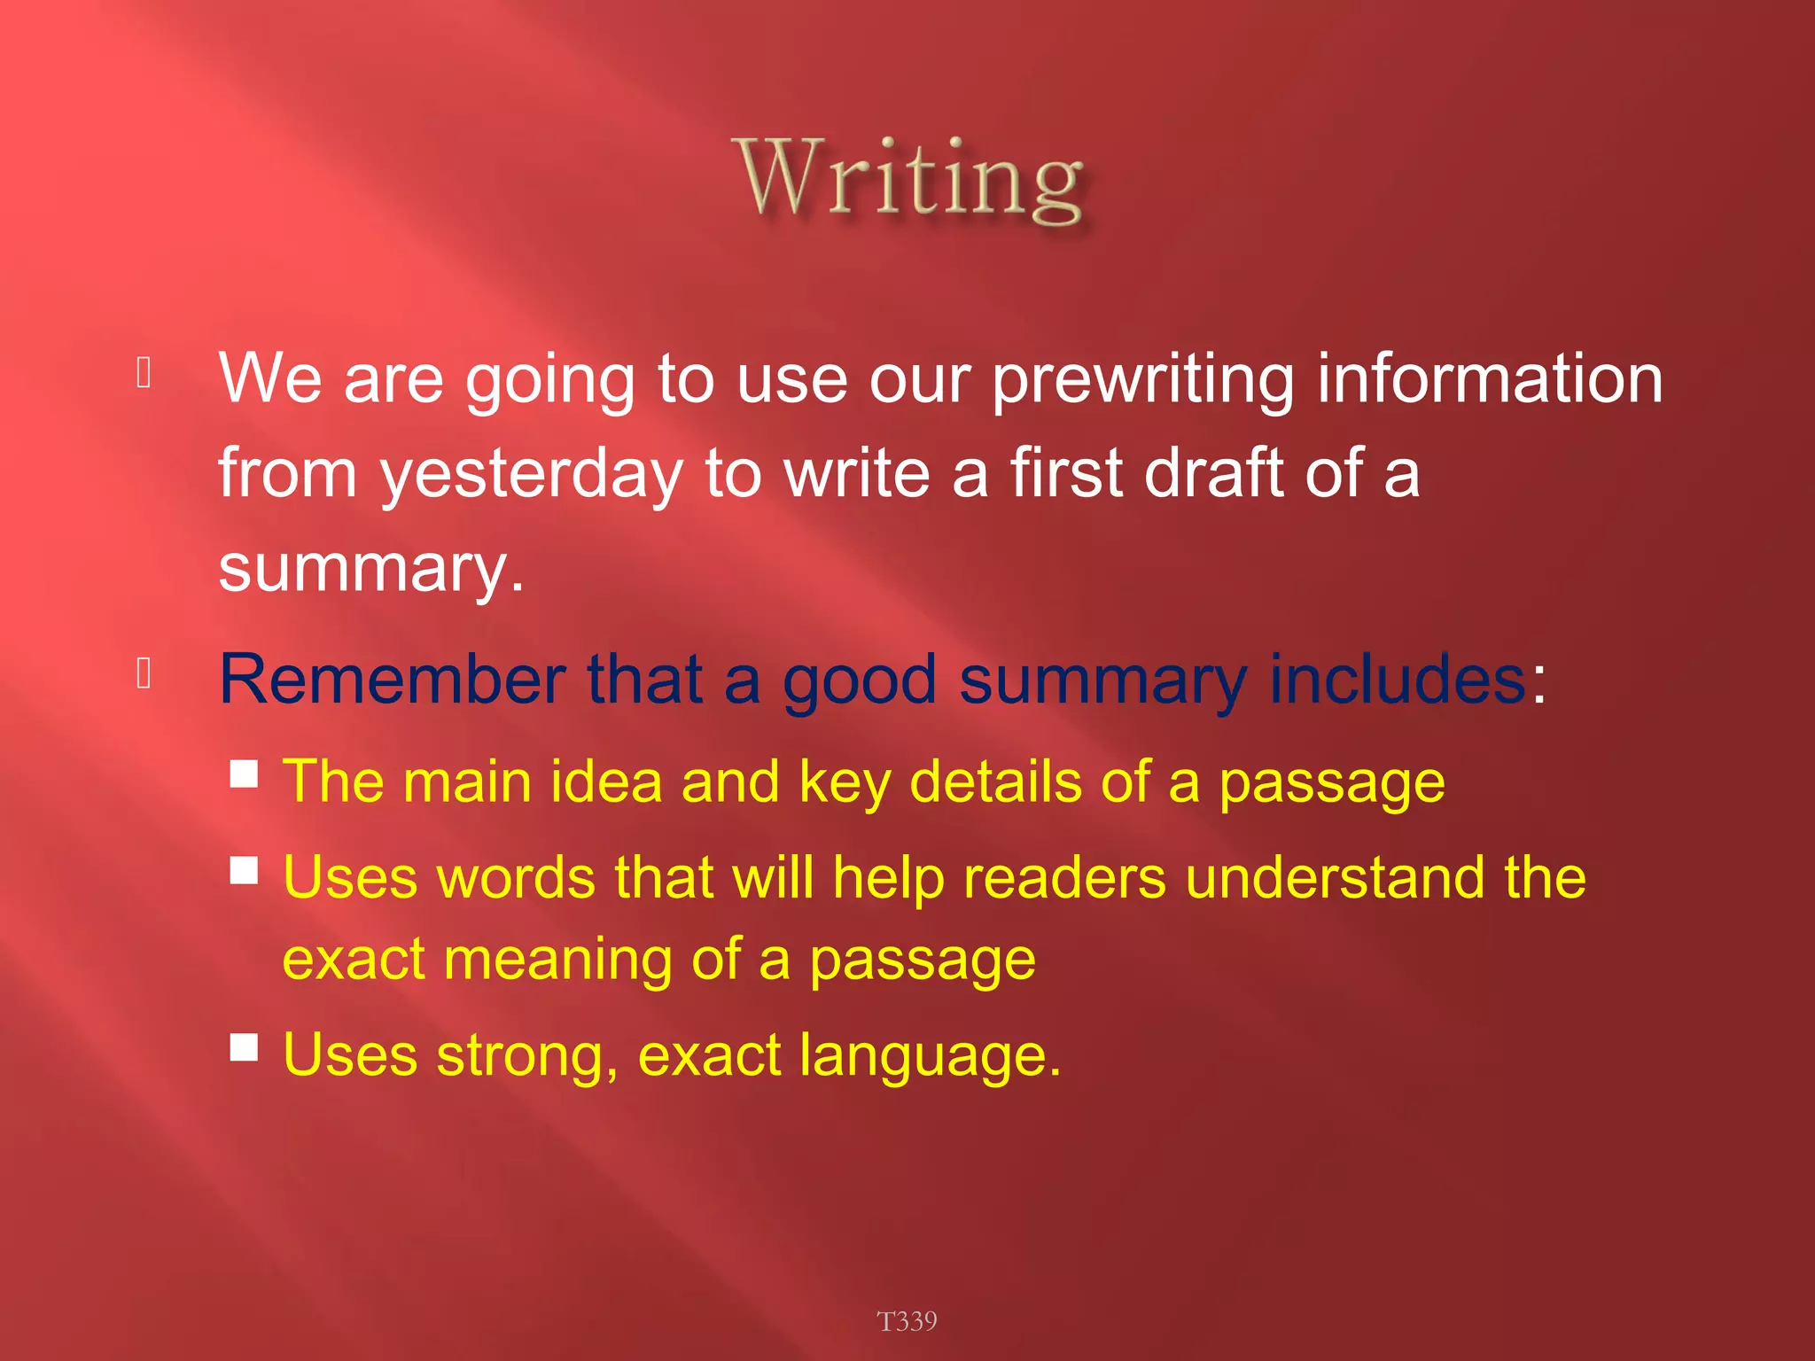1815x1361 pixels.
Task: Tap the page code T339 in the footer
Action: point(907,1321)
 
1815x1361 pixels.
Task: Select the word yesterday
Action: point(531,474)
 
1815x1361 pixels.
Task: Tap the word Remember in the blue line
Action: point(393,680)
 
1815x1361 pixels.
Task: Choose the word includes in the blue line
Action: point(1397,680)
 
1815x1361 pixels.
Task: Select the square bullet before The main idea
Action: point(244,774)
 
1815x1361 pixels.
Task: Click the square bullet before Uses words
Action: point(244,870)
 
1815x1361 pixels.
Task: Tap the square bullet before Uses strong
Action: point(244,1047)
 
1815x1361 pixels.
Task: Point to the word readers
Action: point(1064,878)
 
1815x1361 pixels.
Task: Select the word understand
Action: point(1335,878)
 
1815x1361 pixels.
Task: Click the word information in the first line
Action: point(1489,379)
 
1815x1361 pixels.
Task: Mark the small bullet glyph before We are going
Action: point(144,372)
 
